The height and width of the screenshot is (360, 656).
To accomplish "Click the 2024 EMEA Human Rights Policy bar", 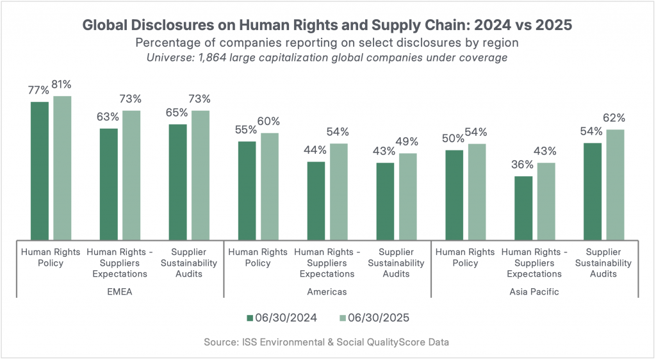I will click(x=40, y=170).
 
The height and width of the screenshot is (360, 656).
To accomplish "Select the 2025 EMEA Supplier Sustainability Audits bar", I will click(x=201, y=175).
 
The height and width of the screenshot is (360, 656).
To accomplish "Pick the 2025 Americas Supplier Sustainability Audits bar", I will click(x=408, y=196).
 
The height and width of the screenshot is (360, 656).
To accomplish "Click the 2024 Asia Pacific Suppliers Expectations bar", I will click(x=523, y=208).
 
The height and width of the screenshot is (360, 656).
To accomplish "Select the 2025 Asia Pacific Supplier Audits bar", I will click(x=615, y=184).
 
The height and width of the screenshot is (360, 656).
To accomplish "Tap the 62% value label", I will click(x=614, y=119).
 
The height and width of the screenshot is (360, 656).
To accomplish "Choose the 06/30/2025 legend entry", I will click(x=373, y=317).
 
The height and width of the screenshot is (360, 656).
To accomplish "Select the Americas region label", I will click(x=327, y=291).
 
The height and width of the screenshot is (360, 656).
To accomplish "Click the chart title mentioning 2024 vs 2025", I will click(x=327, y=26).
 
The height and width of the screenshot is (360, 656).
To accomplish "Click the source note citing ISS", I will click(x=327, y=342).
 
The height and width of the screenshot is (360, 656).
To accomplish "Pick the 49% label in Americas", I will click(x=407, y=142).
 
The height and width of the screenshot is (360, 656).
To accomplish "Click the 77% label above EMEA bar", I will click(x=39, y=90).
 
